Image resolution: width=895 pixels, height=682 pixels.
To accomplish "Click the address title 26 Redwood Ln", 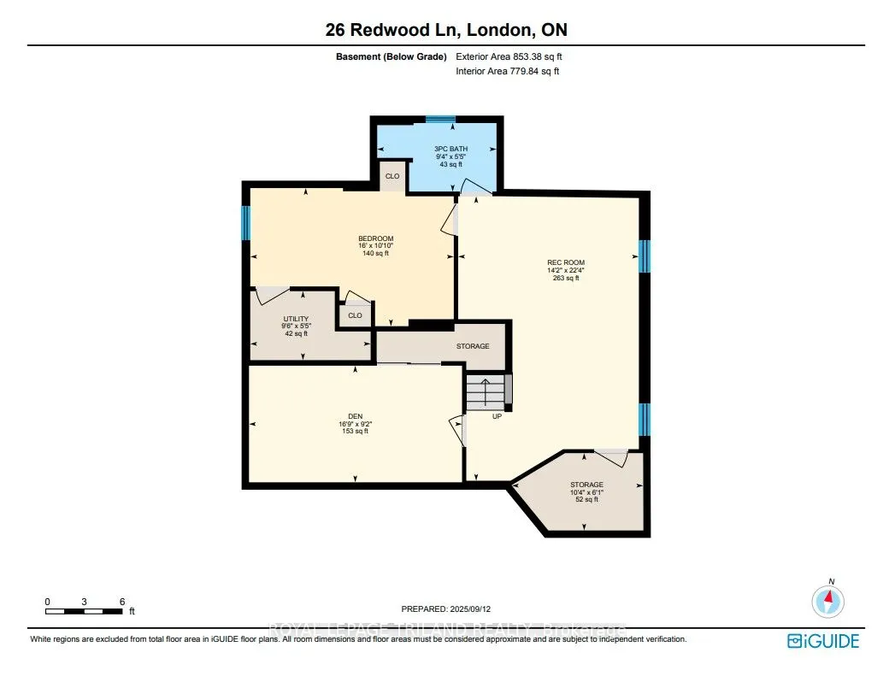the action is pyautogui.click(x=392, y=30).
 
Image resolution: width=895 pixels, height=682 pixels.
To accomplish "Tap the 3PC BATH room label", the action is pyautogui.click(x=451, y=149).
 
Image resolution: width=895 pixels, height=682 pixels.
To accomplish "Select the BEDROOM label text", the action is pyautogui.click(x=375, y=238).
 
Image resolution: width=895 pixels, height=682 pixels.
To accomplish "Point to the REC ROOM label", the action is pyautogui.click(x=566, y=262).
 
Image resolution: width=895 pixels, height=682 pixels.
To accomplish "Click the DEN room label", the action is pyautogui.click(x=355, y=416).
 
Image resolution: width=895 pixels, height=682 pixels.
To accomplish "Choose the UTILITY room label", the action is pyautogui.click(x=296, y=319).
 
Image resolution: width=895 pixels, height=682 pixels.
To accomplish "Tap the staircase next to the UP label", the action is pyautogui.click(x=486, y=392).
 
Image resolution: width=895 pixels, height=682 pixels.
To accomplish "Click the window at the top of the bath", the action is pyautogui.click(x=440, y=120).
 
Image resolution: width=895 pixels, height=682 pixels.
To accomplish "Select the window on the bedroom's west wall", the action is pyautogui.click(x=246, y=222).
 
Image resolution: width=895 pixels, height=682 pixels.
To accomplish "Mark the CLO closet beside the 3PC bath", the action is pyautogui.click(x=392, y=176).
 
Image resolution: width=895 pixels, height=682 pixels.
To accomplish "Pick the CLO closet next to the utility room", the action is pyautogui.click(x=355, y=315).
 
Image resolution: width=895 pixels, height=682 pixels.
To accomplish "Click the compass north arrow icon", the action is pyautogui.click(x=828, y=601).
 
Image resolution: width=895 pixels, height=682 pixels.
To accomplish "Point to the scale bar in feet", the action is pyautogui.click(x=84, y=611).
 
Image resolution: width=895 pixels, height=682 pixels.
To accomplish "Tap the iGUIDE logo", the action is pyautogui.click(x=823, y=641).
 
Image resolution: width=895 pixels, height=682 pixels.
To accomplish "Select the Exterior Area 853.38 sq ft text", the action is pyautogui.click(x=509, y=56).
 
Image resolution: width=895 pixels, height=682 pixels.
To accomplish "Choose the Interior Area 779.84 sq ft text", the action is pyautogui.click(x=508, y=71).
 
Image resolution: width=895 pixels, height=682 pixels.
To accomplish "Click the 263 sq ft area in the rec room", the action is pyautogui.click(x=566, y=278).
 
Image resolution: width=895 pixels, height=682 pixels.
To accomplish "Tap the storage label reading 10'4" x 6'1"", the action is pyautogui.click(x=586, y=492).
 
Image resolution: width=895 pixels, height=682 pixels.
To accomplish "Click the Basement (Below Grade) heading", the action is pyautogui.click(x=391, y=56).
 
